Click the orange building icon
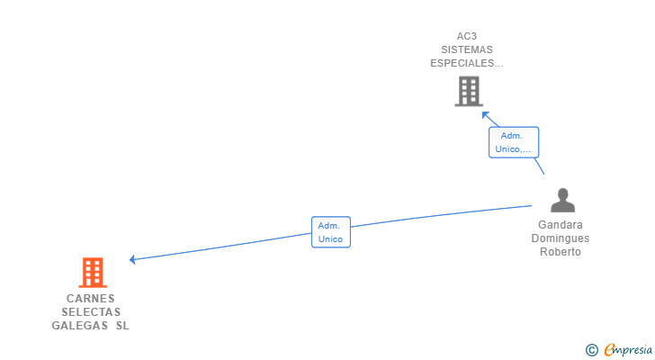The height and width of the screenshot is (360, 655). click(92, 272)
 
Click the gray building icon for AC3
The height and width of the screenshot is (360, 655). click(468, 91)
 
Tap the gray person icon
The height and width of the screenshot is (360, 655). click(562, 200)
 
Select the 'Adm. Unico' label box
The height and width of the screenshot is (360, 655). click(330, 232)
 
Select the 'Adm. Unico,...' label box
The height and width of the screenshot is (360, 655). click(513, 142)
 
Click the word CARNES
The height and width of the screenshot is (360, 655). click(91, 299)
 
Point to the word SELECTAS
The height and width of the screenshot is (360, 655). click(91, 312)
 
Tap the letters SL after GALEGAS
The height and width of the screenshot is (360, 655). click(122, 326)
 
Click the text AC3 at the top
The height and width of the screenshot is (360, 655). click(468, 37)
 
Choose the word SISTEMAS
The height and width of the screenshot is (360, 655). click(468, 50)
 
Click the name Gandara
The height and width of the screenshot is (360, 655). click(561, 225)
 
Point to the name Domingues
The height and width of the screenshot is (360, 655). click(561, 238)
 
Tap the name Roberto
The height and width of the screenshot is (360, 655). click(561, 252)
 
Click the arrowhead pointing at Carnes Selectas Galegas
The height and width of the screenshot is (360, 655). click(132, 259)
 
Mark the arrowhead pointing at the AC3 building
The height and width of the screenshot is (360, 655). click(484, 113)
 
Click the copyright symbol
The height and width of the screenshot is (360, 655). click(591, 349)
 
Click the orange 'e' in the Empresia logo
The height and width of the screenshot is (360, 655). click(609, 349)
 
